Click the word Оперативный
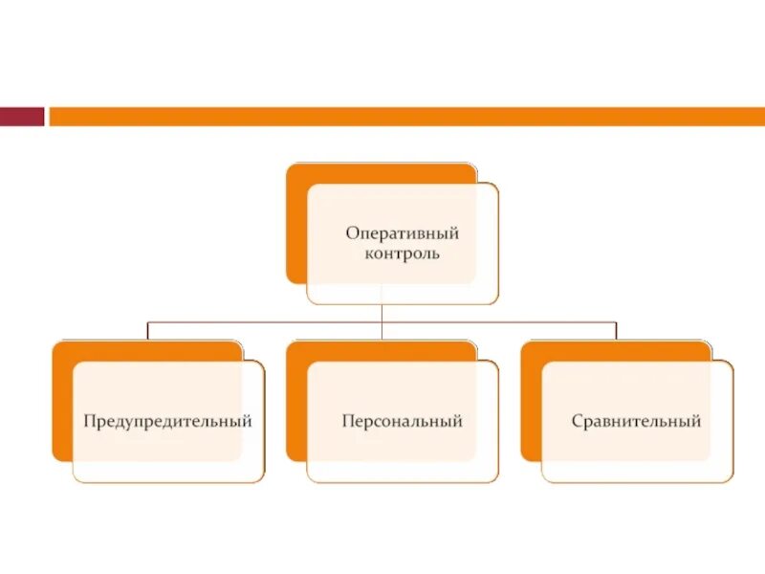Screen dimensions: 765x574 pyautogui.click(x=402, y=233)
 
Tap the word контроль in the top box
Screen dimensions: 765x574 pyautogui.click(x=402, y=255)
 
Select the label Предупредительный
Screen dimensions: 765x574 pyautogui.click(x=167, y=421)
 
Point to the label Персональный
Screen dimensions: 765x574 pyautogui.click(x=402, y=421)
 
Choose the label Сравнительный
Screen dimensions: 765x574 pyautogui.click(x=636, y=421)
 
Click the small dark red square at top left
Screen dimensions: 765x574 pyautogui.click(x=22, y=116)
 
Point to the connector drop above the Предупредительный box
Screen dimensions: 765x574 pyautogui.click(x=147, y=331)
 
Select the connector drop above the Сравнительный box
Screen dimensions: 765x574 pyautogui.click(x=616, y=331)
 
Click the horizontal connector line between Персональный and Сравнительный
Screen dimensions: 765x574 pyautogui.click(x=497, y=322)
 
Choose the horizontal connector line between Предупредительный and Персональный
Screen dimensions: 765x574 pyautogui.click(x=264, y=322)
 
